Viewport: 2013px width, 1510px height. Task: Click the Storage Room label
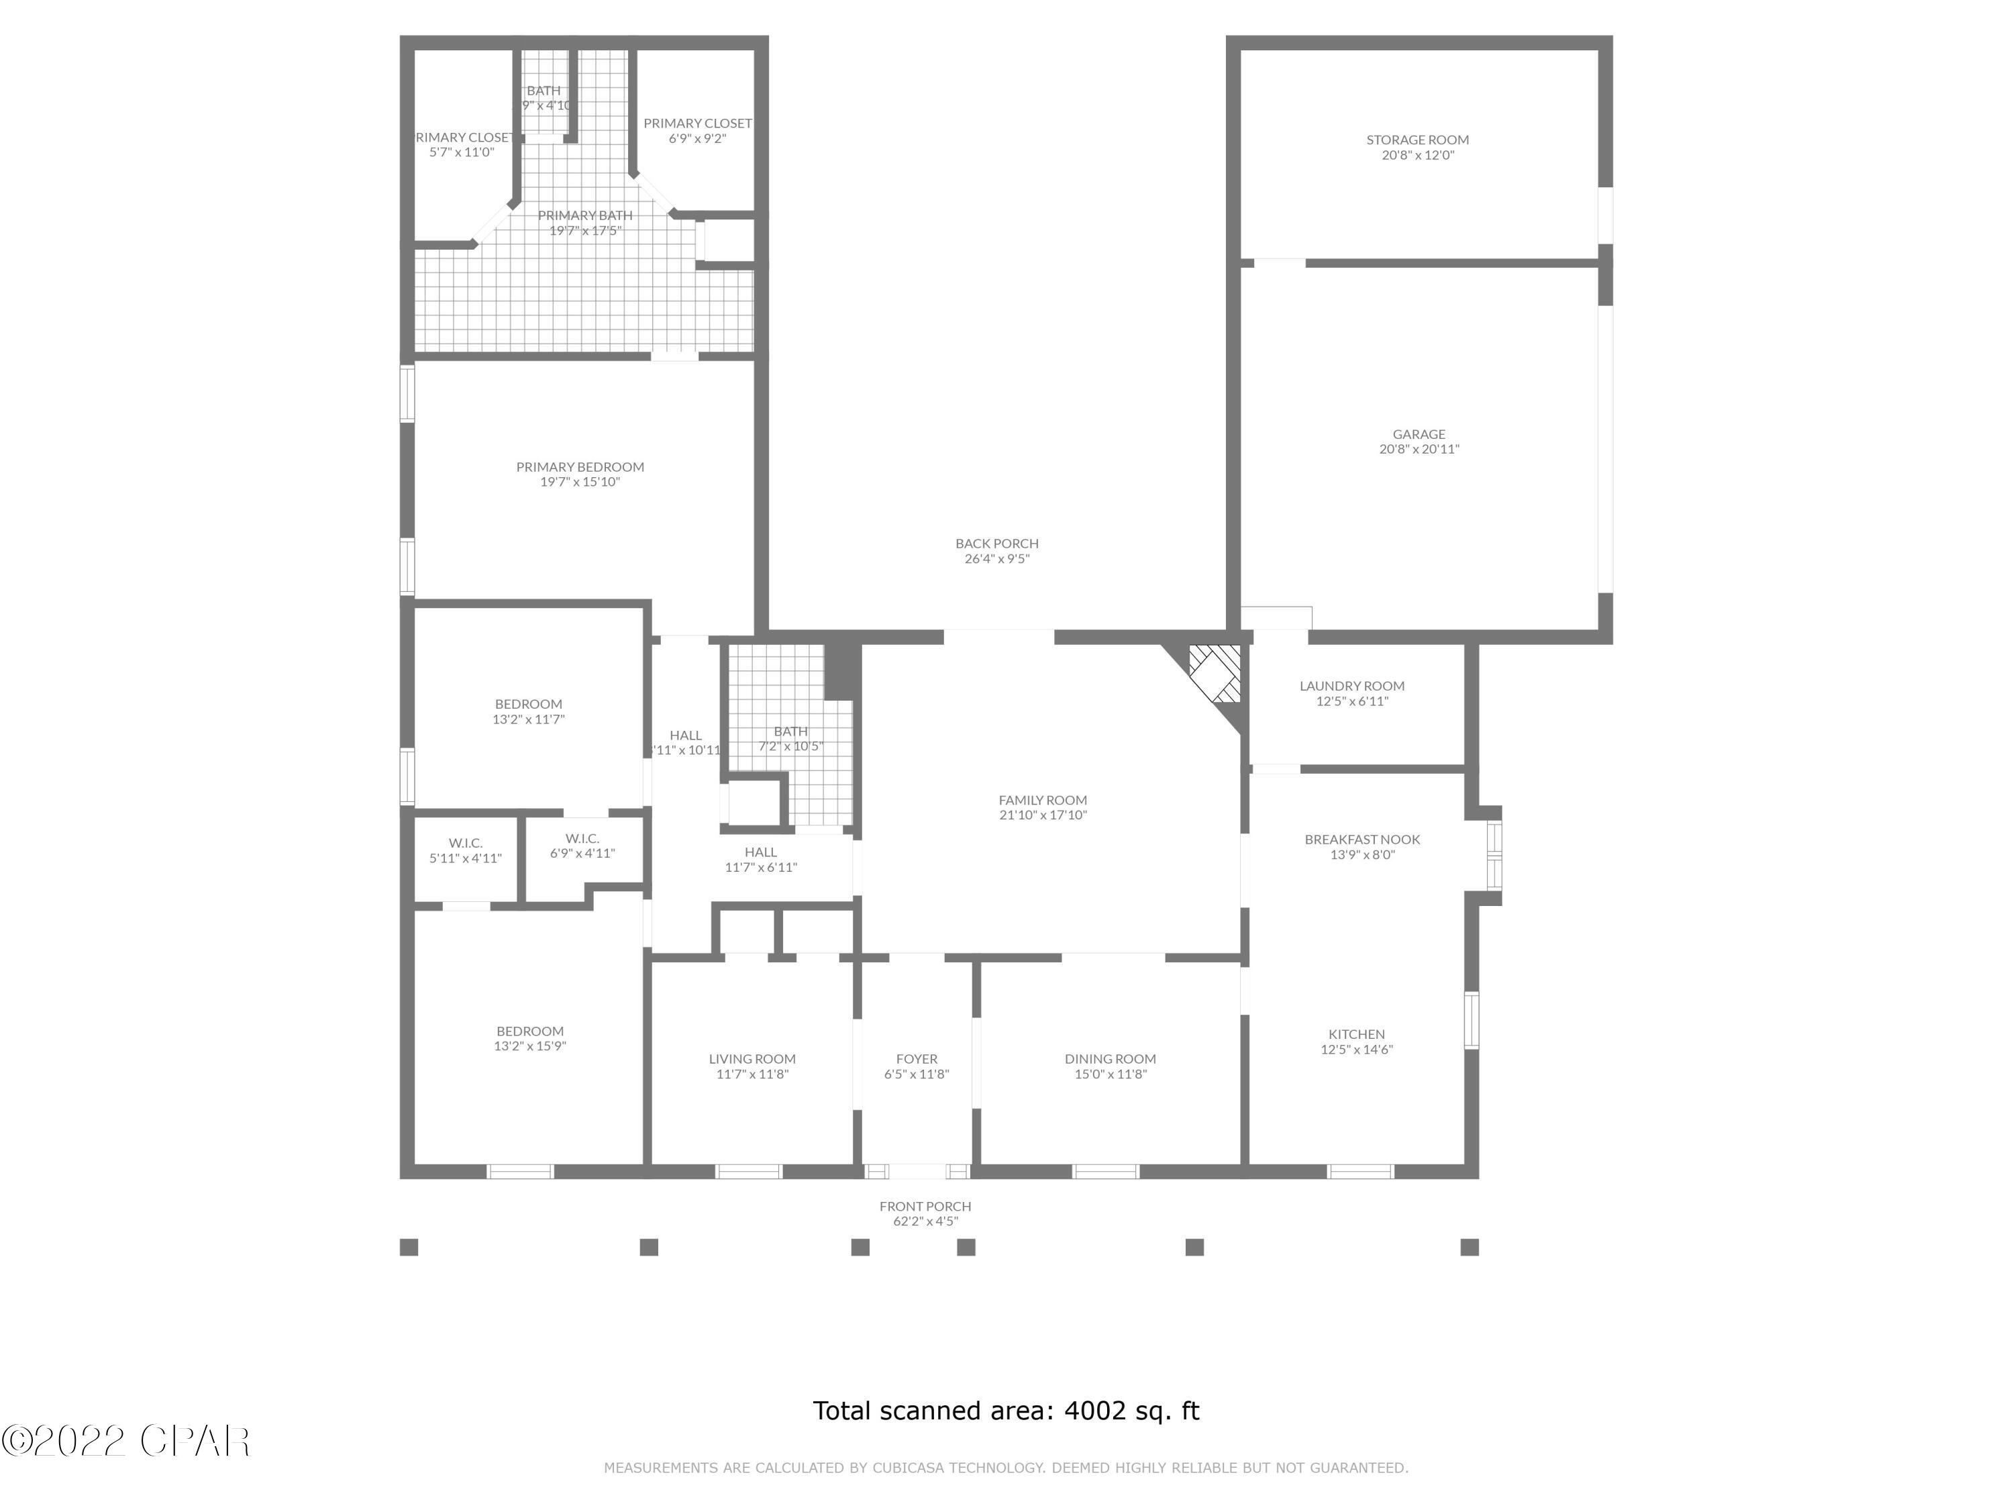tap(1417, 140)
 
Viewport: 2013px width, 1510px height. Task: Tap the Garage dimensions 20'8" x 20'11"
tap(1418, 450)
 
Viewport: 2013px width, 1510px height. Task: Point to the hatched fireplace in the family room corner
tap(1216, 674)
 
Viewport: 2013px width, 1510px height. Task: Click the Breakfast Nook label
tap(1361, 839)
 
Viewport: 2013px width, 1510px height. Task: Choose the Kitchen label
tap(1356, 1034)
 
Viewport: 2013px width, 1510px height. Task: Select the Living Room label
tap(752, 1058)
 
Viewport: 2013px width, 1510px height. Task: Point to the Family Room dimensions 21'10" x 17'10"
tap(1043, 815)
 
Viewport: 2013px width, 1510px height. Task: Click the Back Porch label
tap(996, 544)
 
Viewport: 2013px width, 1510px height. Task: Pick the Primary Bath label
tap(584, 215)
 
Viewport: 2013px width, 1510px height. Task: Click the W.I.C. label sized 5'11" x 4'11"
tap(465, 844)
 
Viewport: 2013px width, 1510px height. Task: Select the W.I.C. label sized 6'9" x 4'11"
tap(582, 838)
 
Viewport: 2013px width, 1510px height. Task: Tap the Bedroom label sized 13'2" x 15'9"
tap(529, 1031)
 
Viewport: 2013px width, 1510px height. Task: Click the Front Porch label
tap(925, 1206)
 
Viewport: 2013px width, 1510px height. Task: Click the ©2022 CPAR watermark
tap(125, 1441)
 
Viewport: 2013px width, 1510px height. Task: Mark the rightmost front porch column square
tap(1469, 1247)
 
